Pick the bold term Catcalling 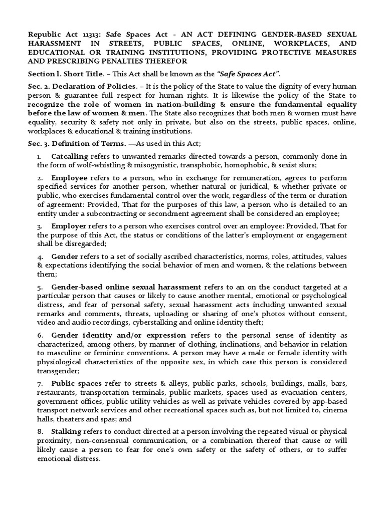(70, 156)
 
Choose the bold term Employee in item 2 (69, 178)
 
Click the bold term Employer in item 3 (69, 226)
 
